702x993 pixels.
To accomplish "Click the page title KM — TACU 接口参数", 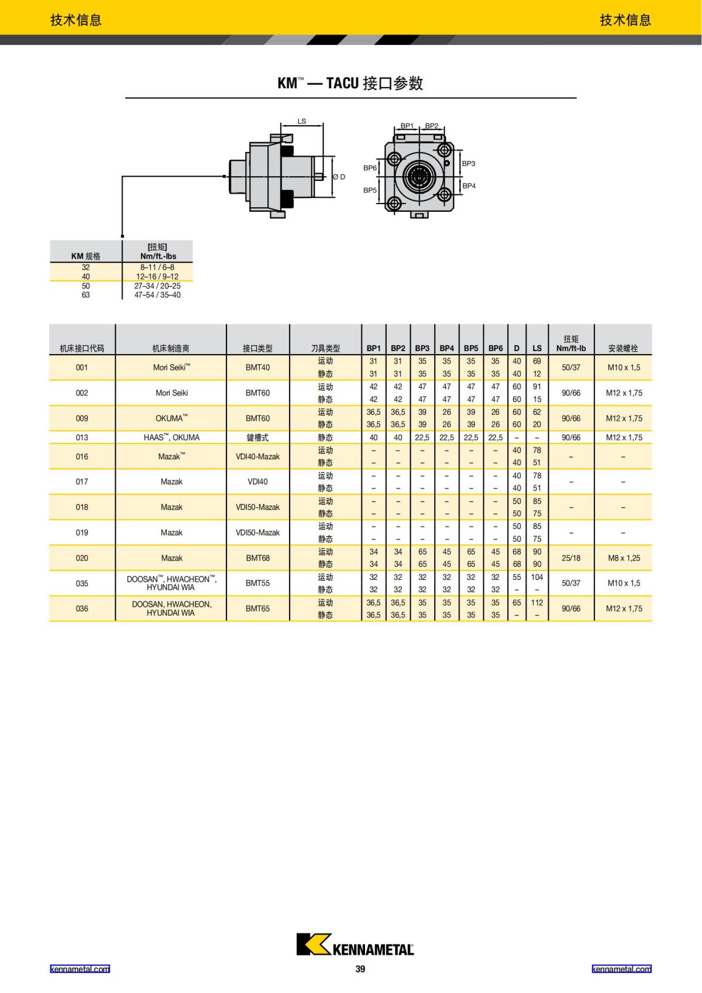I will point(350,83).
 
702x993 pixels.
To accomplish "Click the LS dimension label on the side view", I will point(302,122).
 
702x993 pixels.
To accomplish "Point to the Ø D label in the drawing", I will point(339,177).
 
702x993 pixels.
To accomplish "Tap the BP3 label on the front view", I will point(469,164).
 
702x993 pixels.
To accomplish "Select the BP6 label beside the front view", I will point(370,168).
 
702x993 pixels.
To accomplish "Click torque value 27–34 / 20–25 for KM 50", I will point(157,286).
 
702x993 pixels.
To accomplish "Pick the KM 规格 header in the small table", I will point(85,256).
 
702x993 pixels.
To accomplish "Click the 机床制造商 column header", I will point(171,348).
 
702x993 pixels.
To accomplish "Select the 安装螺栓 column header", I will point(622,348).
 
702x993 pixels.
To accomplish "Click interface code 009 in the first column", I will point(82,418).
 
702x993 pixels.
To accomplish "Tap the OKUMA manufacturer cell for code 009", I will point(171,418).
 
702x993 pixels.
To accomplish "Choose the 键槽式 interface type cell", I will point(257,438).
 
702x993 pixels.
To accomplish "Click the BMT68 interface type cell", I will point(257,558).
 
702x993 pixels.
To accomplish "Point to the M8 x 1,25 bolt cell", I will point(624,558).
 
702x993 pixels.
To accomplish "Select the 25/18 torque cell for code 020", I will point(571,558).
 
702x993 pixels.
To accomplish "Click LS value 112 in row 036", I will point(537,603).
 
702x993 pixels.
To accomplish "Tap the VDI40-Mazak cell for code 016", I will point(257,456).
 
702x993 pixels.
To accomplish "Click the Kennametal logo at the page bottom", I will point(355,944).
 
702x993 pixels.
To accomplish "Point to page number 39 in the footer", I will point(360,969).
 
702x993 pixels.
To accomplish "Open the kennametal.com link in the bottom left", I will point(80,969).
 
